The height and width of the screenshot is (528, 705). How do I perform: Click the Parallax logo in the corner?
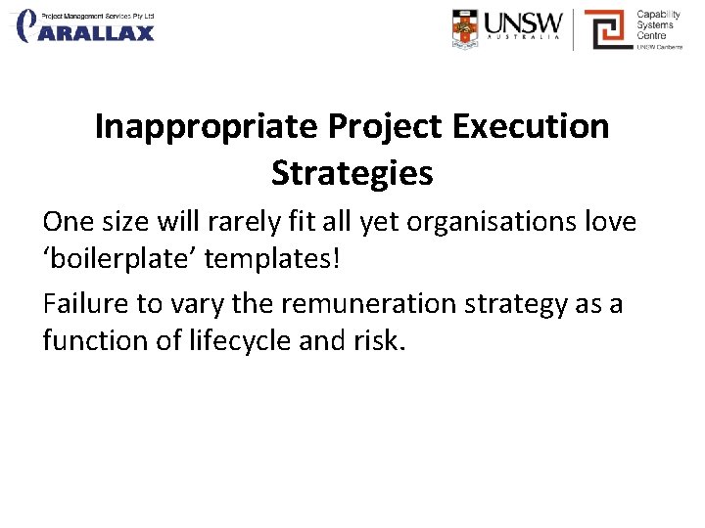coord(86,26)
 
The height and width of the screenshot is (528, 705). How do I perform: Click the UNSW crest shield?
coord(466,28)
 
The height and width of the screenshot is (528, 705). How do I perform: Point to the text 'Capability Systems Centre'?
coord(658,26)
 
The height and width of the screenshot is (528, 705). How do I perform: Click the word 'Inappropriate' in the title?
coord(207,127)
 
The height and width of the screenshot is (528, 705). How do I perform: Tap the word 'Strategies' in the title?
coord(352,173)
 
